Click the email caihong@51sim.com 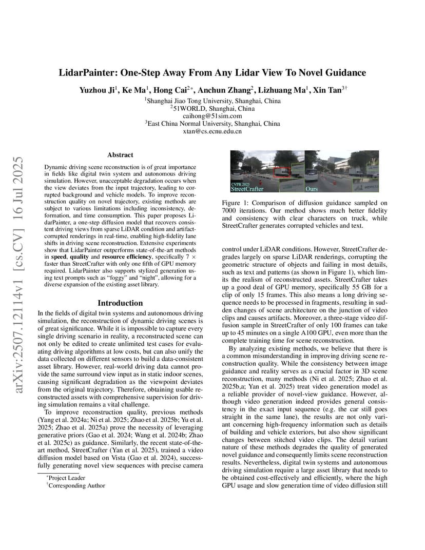pos(212,116)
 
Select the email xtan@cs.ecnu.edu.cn pos(212,131)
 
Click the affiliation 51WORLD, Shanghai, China pos(212,108)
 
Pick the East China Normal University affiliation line pos(212,124)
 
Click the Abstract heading pos(120,154)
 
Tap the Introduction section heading pos(120,303)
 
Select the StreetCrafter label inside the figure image pos(246,189)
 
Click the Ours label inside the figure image pos(312,189)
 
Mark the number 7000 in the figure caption pos(230,211)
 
